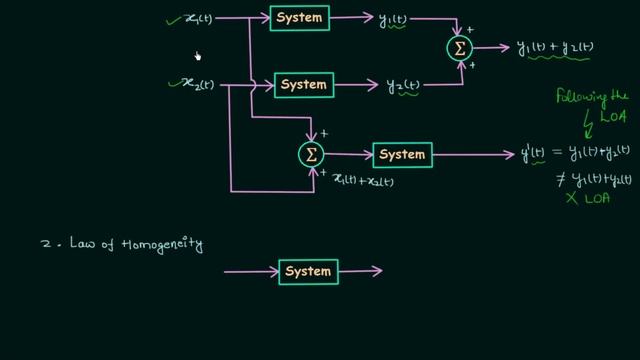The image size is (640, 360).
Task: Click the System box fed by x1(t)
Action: pyautogui.click(x=300, y=18)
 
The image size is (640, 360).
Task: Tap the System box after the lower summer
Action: pyautogui.click(x=401, y=154)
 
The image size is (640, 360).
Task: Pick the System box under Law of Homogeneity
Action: pyautogui.click(x=308, y=271)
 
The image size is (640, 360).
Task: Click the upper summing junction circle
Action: pyautogui.click(x=460, y=48)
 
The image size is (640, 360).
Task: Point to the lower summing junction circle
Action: pyautogui.click(x=311, y=154)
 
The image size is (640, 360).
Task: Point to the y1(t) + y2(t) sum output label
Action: pyautogui.click(x=561, y=48)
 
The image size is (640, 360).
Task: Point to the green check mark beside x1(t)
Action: pyautogui.click(x=172, y=16)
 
